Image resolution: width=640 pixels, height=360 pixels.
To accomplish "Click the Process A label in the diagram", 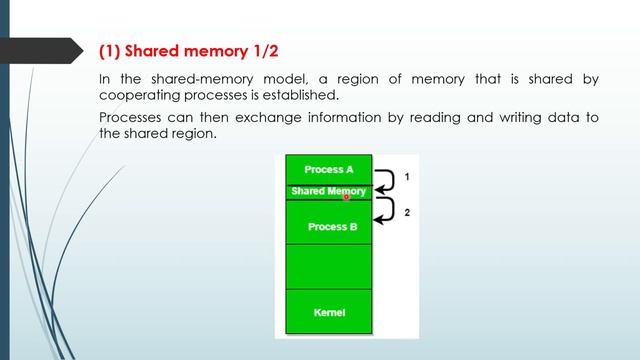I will coord(328,169).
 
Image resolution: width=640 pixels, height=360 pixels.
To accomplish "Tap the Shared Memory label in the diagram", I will coord(328,190).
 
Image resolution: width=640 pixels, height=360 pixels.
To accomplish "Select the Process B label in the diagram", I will coord(332,227).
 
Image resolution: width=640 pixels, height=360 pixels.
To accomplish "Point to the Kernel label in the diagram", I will coord(329,313).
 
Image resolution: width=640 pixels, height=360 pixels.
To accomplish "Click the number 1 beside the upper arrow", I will coord(406,177).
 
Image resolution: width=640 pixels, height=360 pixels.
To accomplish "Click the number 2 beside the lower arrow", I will coord(406,212).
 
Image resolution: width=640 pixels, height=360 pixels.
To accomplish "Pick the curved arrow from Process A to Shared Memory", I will coord(384,180).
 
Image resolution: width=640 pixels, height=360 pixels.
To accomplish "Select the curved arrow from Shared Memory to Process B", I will coord(384,208).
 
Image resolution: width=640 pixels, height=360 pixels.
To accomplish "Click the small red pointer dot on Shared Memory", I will coord(346,197).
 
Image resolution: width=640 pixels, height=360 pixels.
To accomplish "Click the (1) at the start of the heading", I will coord(111,50).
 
